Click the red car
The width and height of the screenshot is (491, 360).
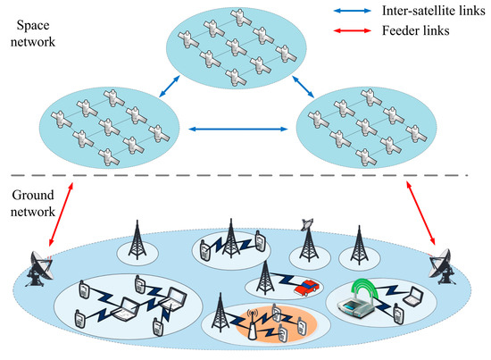coord(305,287)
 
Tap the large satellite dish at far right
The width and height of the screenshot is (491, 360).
coord(443,261)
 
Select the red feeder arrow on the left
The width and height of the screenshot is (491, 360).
coord(55,215)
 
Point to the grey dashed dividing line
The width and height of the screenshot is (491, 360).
coord(245,176)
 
